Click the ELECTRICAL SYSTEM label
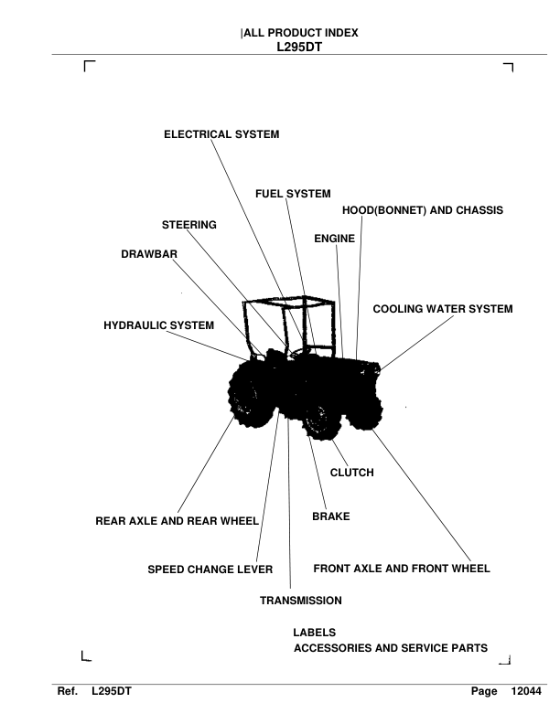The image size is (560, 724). click(221, 134)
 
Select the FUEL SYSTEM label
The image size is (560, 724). click(293, 194)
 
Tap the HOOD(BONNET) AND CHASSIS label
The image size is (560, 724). click(423, 210)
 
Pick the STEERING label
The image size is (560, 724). click(189, 225)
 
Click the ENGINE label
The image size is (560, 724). click(335, 239)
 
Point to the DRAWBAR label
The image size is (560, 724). click(149, 254)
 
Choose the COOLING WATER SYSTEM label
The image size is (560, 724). click(443, 309)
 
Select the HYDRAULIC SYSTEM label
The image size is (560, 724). click(159, 325)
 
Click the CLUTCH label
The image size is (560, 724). click(351, 473)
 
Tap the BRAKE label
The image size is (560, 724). click(331, 516)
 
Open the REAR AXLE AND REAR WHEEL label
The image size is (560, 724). click(178, 522)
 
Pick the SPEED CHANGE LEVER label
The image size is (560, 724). click(210, 570)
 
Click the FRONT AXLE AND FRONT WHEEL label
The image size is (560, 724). click(402, 569)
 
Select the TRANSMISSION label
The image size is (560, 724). click(301, 601)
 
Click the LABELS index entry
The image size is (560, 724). click(314, 633)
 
